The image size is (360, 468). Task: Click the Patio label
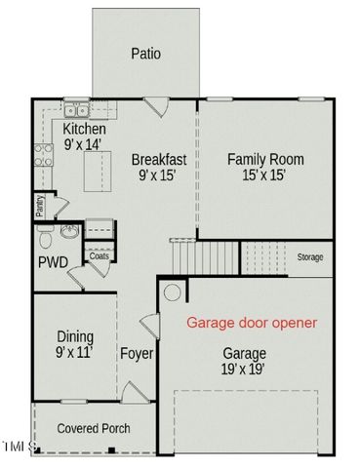pos(145,55)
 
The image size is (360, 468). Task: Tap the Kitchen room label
pos(84,130)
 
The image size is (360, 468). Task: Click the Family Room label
pos(265,159)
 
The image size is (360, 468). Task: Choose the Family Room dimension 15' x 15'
pos(265,175)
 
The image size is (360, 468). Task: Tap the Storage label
pos(310,256)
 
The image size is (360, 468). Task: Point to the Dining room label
pos(74,336)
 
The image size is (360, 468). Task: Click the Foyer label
pos(137,354)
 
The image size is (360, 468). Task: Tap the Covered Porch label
pos(94,428)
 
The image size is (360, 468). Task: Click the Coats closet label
pos(100,255)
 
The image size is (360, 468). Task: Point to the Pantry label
pos(40,205)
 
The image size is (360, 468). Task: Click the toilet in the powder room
pos(45,237)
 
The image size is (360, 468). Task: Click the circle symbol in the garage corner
pos(172,292)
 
